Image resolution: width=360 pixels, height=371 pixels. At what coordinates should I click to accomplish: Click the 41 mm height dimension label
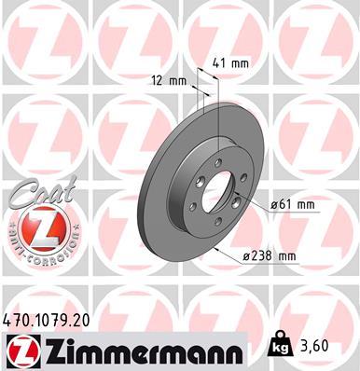coord(230,63)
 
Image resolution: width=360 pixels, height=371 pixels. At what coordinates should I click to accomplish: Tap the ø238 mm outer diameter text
coord(270,255)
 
